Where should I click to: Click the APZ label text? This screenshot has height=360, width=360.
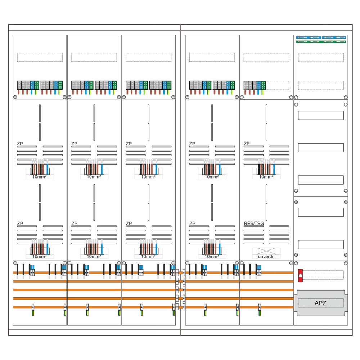320,303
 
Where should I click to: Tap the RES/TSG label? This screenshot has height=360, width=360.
253,224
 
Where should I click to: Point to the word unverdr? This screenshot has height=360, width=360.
266,256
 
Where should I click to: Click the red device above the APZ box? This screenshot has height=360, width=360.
300,275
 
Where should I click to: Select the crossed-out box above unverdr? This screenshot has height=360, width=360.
266,251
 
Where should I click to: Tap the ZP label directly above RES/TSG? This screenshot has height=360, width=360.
247,144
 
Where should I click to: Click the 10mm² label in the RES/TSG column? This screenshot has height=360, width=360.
266,177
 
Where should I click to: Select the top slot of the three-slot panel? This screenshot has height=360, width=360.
321,115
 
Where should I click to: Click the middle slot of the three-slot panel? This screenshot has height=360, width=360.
321,148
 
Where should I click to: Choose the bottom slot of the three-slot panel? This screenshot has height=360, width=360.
321,180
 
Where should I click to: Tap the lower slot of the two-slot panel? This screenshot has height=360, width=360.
321,245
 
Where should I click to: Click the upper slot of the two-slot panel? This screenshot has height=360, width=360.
321,212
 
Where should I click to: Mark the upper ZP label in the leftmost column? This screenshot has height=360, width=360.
20,144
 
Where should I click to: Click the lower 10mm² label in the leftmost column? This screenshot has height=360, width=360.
40,256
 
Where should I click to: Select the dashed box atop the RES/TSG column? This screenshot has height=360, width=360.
266,57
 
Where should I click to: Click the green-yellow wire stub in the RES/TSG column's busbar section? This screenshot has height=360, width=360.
259,312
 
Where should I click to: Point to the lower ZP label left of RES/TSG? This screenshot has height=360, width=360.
192,224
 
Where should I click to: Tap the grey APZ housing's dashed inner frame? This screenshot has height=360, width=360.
320,303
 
